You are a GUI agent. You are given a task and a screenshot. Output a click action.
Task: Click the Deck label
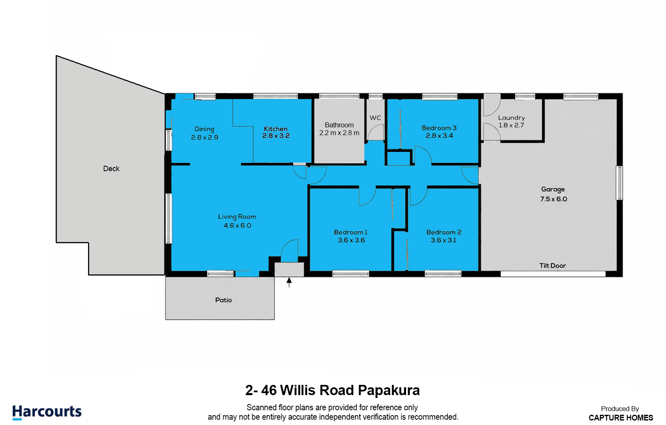[x=111, y=169]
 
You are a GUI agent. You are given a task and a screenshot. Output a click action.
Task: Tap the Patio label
[x=223, y=300]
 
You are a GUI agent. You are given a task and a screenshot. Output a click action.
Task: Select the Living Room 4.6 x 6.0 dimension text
[x=237, y=226]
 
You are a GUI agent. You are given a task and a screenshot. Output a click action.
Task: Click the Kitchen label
[x=275, y=129]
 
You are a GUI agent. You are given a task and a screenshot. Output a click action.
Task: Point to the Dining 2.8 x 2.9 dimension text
[x=205, y=138]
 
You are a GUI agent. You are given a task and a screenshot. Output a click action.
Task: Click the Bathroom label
[x=339, y=125]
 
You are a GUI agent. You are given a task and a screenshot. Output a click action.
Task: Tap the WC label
[x=375, y=118]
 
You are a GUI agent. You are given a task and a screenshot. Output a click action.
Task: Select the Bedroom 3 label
[x=439, y=128]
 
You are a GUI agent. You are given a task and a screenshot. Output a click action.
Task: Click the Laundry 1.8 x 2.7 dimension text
[x=511, y=125]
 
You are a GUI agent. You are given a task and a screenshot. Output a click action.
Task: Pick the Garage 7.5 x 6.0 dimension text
[x=553, y=199]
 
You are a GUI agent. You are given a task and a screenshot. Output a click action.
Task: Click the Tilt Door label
[x=553, y=266]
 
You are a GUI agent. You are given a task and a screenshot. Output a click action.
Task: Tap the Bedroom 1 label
[x=351, y=232]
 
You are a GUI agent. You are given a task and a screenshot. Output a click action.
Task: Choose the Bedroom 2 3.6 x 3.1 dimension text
[x=443, y=240]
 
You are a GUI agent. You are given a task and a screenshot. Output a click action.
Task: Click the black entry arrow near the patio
[x=289, y=282]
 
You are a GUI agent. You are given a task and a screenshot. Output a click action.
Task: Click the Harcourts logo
[x=47, y=412]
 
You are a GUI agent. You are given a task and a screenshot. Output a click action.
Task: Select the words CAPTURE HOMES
[x=621, y=418]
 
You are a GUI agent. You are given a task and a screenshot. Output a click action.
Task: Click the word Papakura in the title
[x=388, y=390]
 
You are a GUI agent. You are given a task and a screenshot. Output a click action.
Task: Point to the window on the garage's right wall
[x=619, y=183]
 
